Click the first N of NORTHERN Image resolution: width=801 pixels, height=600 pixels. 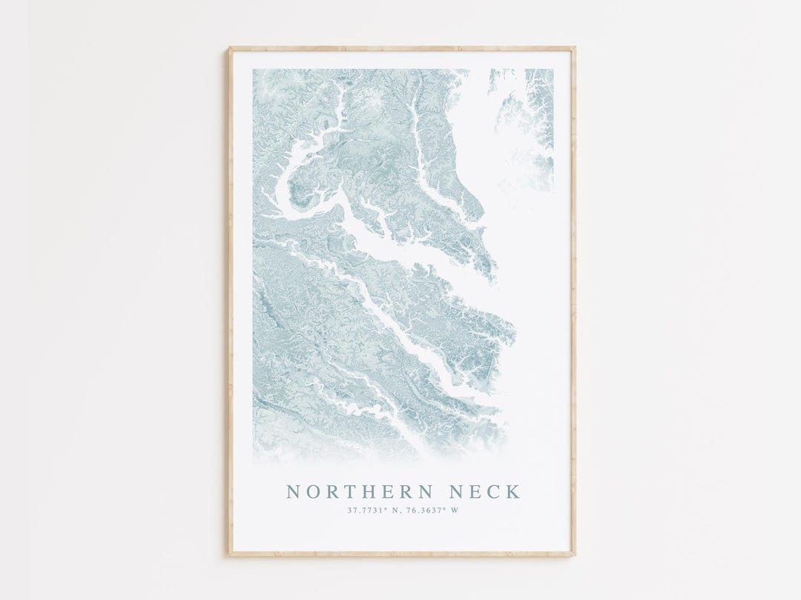294,492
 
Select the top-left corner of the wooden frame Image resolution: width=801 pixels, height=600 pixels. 230,49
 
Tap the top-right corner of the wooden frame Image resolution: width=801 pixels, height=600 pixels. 574,49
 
